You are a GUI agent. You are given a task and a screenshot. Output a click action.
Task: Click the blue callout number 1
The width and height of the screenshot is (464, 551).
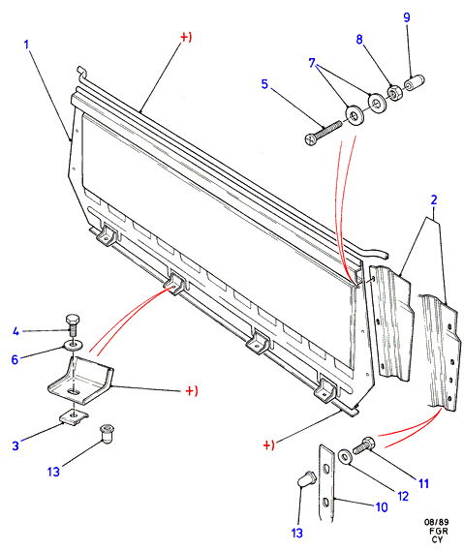click(x=26, y=45)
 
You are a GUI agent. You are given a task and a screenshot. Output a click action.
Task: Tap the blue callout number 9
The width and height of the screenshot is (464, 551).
click(x=407, y=17)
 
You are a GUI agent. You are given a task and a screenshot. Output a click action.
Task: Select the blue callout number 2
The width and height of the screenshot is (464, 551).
click(x=434, y=199)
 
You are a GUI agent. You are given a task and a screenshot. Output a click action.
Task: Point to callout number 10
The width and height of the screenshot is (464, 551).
click(x=382, y=507)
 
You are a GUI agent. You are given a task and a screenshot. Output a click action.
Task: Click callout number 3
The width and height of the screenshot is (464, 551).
click(x=15, y=445)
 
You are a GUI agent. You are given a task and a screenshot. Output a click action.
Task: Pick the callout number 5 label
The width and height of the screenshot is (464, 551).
click(x=264, y=84)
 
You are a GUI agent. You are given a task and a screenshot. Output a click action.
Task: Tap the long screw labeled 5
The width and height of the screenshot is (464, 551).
click(x=323, y=133)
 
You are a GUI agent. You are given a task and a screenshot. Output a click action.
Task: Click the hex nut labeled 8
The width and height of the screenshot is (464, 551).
click(x=393, y=93)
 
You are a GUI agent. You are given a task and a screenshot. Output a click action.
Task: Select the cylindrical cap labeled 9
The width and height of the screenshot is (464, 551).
click(x=414, y=83)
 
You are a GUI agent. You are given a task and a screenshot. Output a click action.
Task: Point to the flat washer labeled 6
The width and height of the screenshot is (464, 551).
click(x=73, y=345)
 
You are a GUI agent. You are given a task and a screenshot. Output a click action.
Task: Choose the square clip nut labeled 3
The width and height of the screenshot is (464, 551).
click(x=73, y=416)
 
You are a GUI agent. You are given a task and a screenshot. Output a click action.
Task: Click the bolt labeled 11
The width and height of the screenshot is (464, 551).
click(x=363, y=445)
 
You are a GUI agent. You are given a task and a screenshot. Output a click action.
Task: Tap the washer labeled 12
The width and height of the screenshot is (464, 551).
click(x=345, y=457)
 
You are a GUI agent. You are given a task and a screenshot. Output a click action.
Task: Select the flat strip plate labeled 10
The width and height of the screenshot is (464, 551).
click(x=326, y=483)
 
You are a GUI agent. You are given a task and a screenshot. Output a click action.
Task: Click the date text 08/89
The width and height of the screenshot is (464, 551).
click(x=436, y=522)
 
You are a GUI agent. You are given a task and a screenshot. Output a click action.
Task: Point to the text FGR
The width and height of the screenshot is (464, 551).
click(x=439, y=531)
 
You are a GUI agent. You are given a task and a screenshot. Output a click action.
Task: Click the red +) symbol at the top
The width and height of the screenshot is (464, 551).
click(x=186, y=37)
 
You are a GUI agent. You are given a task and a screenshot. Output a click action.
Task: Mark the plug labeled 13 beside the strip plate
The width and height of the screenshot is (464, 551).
click(x=306, y=479)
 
